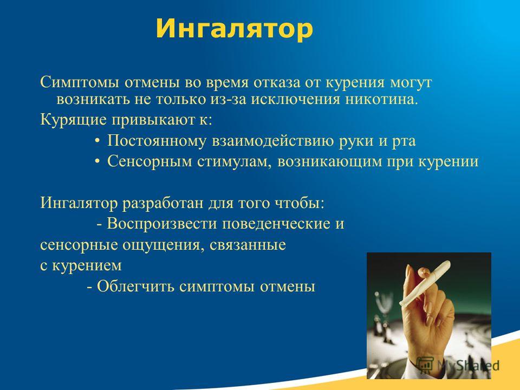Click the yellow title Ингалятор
[x=235, y=29]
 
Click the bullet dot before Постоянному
[x=97, y=141]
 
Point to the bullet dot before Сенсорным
[x=97, y=161]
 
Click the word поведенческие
[x=276, y=224]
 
